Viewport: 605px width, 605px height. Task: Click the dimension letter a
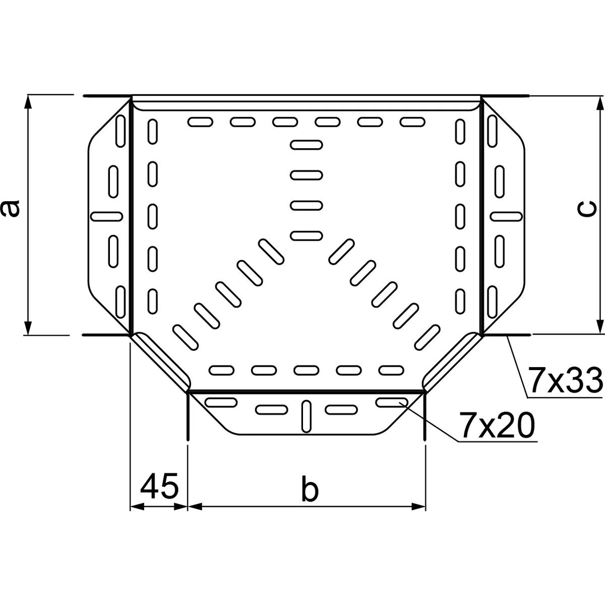pos(11,208)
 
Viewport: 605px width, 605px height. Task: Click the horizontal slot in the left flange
pos(106,216)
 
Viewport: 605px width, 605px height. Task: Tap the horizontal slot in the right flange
pos(506,216)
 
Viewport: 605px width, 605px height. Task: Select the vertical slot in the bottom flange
pos(306,416)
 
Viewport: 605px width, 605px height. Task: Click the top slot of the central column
pos(306,145)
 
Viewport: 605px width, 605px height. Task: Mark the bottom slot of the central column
pos(306,235)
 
